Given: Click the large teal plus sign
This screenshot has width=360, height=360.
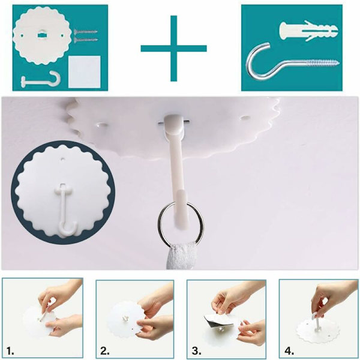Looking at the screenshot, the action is point(174,49).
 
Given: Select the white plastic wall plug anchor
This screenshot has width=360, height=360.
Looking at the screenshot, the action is point(309,31).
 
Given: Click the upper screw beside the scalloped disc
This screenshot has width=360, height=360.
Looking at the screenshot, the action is point(86,32).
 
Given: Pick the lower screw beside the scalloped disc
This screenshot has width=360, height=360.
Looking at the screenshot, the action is point(86,40).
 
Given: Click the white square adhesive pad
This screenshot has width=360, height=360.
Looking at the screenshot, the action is point(85,71).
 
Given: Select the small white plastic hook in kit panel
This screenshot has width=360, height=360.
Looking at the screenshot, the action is point(41,79).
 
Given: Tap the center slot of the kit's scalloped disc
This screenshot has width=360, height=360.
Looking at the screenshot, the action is point(41,35).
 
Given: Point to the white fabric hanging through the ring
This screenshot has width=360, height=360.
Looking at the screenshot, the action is point(181,256).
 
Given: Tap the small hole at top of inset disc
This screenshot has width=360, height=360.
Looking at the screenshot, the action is point(62,158).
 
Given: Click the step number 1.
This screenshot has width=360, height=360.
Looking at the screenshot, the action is point(10,351).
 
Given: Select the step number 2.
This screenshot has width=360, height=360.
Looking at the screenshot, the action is point(104,351).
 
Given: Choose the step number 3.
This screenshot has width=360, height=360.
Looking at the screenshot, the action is point(196,351).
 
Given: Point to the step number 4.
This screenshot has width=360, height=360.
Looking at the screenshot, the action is point(289,351).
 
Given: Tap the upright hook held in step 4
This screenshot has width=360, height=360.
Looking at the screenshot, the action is point(316,322).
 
